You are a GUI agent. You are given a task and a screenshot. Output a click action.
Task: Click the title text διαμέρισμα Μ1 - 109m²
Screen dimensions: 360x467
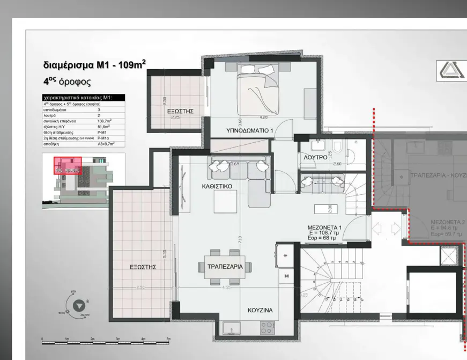94,65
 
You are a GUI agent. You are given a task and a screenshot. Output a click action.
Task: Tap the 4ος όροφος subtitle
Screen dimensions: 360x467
66,82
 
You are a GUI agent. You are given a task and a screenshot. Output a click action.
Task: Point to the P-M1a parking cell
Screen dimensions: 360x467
103,138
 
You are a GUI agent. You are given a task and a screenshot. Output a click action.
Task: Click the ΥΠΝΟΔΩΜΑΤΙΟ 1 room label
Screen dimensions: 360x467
250,130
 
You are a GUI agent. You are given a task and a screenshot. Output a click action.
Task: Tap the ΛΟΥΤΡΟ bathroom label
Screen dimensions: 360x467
315,158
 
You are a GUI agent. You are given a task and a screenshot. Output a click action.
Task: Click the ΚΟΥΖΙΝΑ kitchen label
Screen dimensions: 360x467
260,310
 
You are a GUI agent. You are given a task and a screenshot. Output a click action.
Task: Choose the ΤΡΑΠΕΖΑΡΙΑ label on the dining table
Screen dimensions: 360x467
225,267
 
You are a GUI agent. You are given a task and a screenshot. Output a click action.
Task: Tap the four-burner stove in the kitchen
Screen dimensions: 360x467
267,327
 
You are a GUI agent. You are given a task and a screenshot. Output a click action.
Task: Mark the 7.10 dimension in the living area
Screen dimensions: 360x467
240,238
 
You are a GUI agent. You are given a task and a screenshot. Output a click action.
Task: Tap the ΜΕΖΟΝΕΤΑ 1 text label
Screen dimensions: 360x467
324,227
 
